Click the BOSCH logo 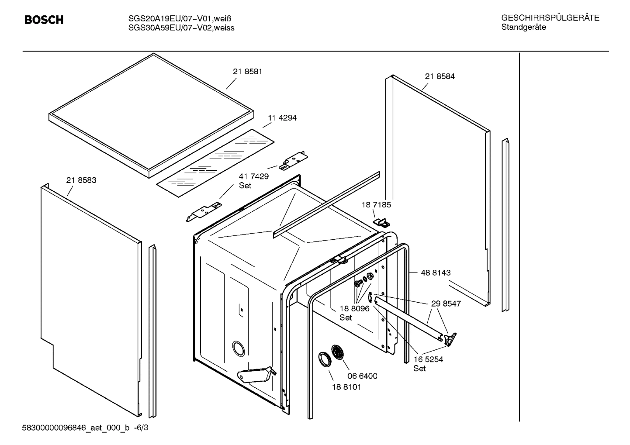(x=44, y=20)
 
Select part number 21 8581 (x=247, y=72)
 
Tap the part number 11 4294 (x=282, y=118)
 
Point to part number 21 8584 (x=440, y=76)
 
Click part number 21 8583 (x=81, y=180)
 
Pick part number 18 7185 (x=376, y=205)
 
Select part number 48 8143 (x=436, y=273)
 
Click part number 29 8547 (x=446, y=304)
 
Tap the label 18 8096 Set (x=354, y=313)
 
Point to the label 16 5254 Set (x=428, y=363)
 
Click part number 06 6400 (x=362, y=376)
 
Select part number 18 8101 (x=346, y=387)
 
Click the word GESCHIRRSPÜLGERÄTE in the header (x=550, y=18)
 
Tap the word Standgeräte (x=523, y=28)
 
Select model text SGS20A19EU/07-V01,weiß (x=180, y=19)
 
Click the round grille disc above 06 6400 (x=338, y=352)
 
